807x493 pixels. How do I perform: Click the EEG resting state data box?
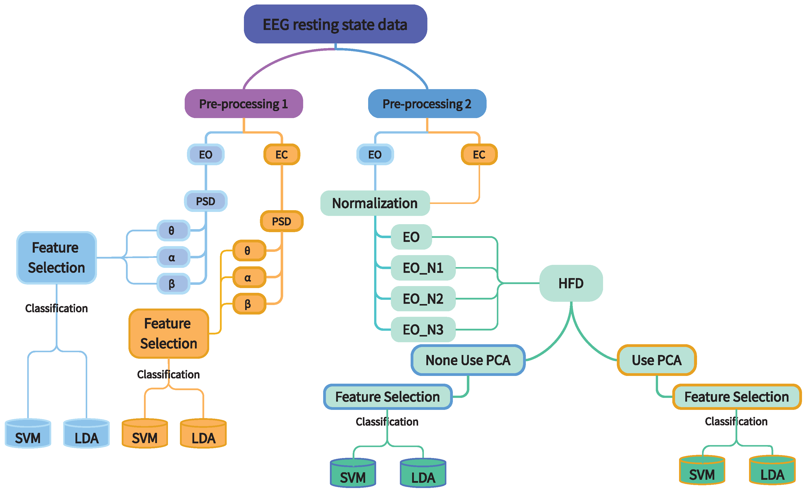pyautogui.click(x=335, y=24)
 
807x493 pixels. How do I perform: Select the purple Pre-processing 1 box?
pyautogui.click(x=244, y=104)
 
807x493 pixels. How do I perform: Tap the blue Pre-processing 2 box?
pyautogui.click(x=427, y=104)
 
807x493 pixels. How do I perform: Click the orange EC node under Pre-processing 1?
pyautogui.click(x=282, y=155)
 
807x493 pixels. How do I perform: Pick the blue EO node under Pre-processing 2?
pyautogui.click(x=375, y=155)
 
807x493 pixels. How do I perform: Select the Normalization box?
pyautogui.click(x=375, y=203)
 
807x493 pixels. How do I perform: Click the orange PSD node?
pyautogui.click(x=282, y=221)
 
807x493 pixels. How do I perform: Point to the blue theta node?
pyautogui.click(x=173, y=231)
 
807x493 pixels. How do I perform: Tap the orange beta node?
pyautogui.click(x=249, y=304)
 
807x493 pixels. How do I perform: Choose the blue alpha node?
pyautogui.click(x=173, y=257)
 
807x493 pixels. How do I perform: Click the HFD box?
pyautogui.click(x=571, y=283)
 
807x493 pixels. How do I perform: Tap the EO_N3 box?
pyautogui.click(x=423, y=329)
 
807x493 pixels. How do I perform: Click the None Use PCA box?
pyautogui.click(x=468, y=360)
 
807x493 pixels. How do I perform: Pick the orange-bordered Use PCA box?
pyautogui.click(x=657, y=360)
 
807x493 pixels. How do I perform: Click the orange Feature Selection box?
pyautogui.click(x=169, y=333)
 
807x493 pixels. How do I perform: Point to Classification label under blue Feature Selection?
pyautogui.click(x=56, y=308)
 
